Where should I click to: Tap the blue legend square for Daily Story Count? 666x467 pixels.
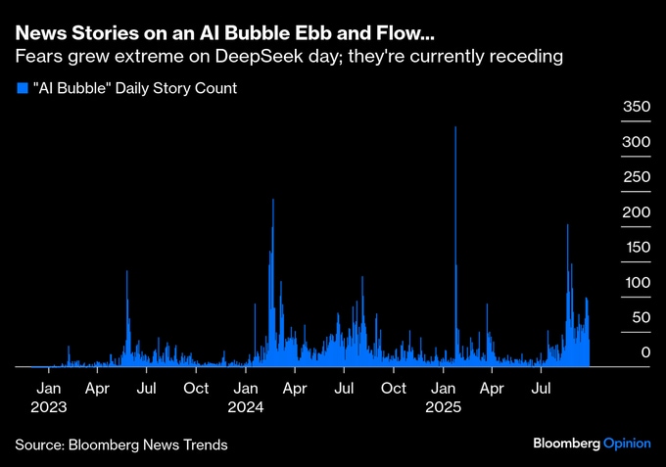(x=22, y=88)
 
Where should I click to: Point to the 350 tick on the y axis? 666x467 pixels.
(x=638, y=106)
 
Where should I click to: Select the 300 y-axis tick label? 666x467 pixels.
(x=638, y=141)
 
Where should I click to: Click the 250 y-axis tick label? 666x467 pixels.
(x=638, y=176)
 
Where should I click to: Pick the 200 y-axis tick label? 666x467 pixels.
(x=638, y=211)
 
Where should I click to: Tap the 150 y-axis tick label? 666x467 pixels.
(x=638, y=247)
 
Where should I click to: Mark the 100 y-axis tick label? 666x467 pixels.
(x=638, y=282)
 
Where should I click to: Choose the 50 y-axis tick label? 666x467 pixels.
(x=641, y=317)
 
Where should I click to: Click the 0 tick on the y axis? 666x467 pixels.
(x=645, y=351)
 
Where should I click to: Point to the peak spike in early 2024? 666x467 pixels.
(x=272, y=202)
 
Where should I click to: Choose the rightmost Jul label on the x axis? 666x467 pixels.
(x=540, y=388)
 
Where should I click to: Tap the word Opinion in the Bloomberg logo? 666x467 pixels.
(x=626, y=444)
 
